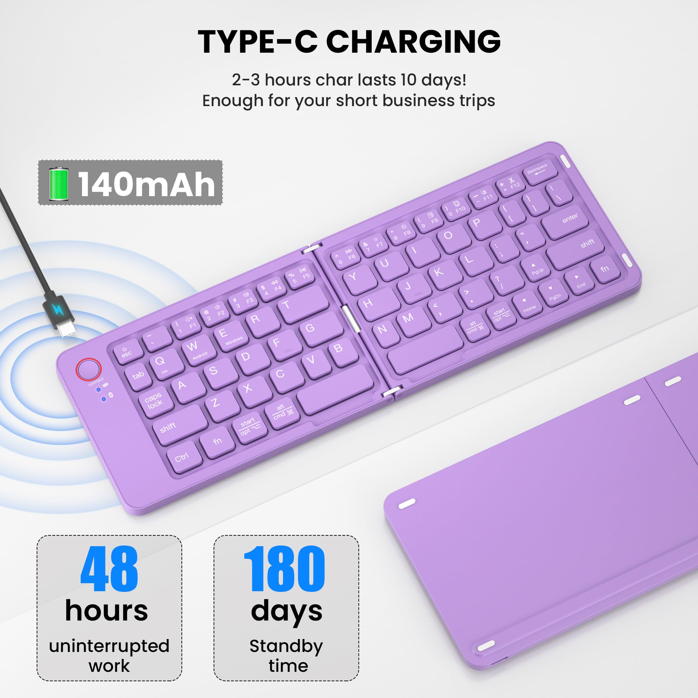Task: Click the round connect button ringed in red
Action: pyautogui.click(x=89, y=369)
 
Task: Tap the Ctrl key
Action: pyautogui.click(x=183, y=457)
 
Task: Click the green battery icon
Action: pyautogui.click(x=59, y=184)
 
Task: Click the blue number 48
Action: pyautogui.click(x=109, y=569)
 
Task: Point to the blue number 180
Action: pyautogui.click(x=284, y=569)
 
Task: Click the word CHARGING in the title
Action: pyautogui.click(x=413, y=42)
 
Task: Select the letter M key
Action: pyautogui.click(x=408, y=319)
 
